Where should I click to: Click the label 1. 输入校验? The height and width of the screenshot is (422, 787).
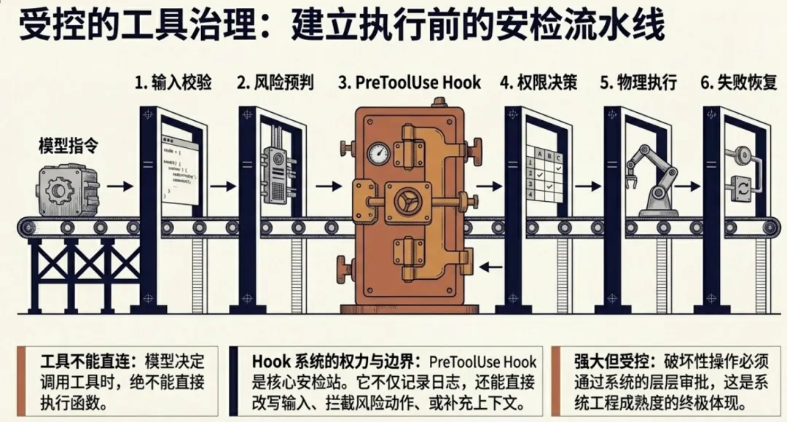pyautogui.click(x=173, y=82)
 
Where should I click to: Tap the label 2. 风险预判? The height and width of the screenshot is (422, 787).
pyautogui.click(x=275, y=82)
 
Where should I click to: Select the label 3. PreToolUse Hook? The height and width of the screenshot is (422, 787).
pyautogui.click(x=410, y=82)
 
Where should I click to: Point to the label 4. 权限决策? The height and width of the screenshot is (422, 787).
pyautogui.click(x=539, y=82)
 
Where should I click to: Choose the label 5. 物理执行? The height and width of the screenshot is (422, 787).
pyautogui.click(x=638, y=82)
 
